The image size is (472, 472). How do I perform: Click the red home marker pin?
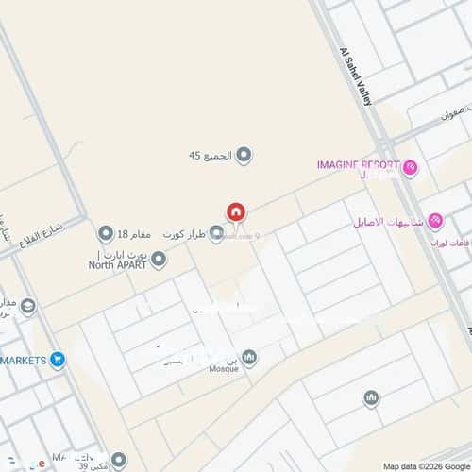coord(235,212)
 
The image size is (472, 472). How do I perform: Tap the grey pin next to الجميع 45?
coord(244,155)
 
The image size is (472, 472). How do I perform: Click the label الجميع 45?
coord(209,156)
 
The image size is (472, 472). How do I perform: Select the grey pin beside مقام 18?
coord(106,233)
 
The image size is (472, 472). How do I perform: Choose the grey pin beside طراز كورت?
coord(216,233)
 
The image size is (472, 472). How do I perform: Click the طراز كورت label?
coord(184,233)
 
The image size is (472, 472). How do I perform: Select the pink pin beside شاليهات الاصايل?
coord(434,222)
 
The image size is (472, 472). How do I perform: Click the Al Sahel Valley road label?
coord(353,70)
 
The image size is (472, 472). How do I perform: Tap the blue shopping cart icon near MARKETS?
coord(58,359)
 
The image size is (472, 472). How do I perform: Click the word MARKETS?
coord(24,360)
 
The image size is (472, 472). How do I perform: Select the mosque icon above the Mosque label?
coord(249,357)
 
